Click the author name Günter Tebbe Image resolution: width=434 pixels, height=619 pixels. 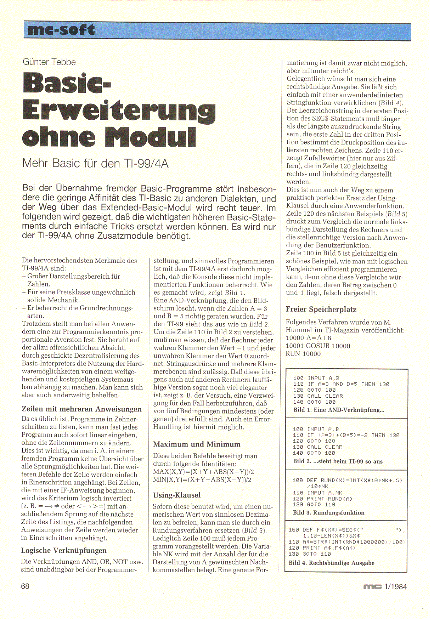(49, 62)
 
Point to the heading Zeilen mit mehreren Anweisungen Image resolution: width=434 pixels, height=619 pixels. (81, 409)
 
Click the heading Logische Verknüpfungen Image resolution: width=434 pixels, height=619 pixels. (64, 550)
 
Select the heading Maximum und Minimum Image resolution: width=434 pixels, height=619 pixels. (197, 444)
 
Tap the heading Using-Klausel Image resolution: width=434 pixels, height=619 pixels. (177, 495)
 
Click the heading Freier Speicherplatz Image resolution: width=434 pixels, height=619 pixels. (321, 309)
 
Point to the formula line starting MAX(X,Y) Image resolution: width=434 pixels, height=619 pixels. (203, 472)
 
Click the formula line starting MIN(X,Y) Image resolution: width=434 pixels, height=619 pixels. (203, 480)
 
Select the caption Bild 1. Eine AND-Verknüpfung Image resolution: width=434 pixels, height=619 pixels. (339, 410)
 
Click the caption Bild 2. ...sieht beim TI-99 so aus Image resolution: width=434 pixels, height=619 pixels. (338, 461)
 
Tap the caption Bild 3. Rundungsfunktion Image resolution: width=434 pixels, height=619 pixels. (328, 513)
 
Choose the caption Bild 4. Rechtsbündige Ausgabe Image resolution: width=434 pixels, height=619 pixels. (331, 563)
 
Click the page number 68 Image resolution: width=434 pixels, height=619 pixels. (26, 586)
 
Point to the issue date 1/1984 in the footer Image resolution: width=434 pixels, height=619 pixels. (395, 587)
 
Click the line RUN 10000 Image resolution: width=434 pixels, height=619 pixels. (303, 354)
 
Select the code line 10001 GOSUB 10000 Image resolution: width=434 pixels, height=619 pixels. (318, 346)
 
